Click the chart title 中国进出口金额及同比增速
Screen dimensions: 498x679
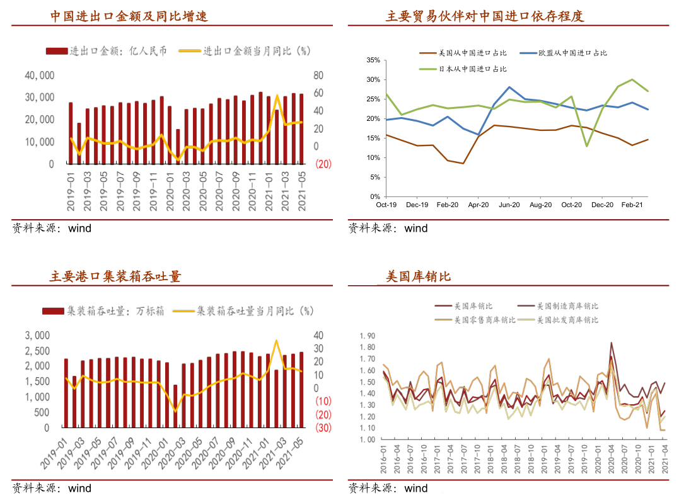(x=129, y=16)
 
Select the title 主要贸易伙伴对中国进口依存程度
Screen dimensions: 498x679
(x=485, y=16)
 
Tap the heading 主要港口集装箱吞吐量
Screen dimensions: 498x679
(x=115, y=276)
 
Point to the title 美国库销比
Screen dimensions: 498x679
(x=419, y=276)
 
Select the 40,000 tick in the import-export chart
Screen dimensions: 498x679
(x=40, y=76)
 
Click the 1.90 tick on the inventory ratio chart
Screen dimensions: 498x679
(x=366, y=336)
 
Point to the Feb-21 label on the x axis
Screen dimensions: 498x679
(x=632, y=205)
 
